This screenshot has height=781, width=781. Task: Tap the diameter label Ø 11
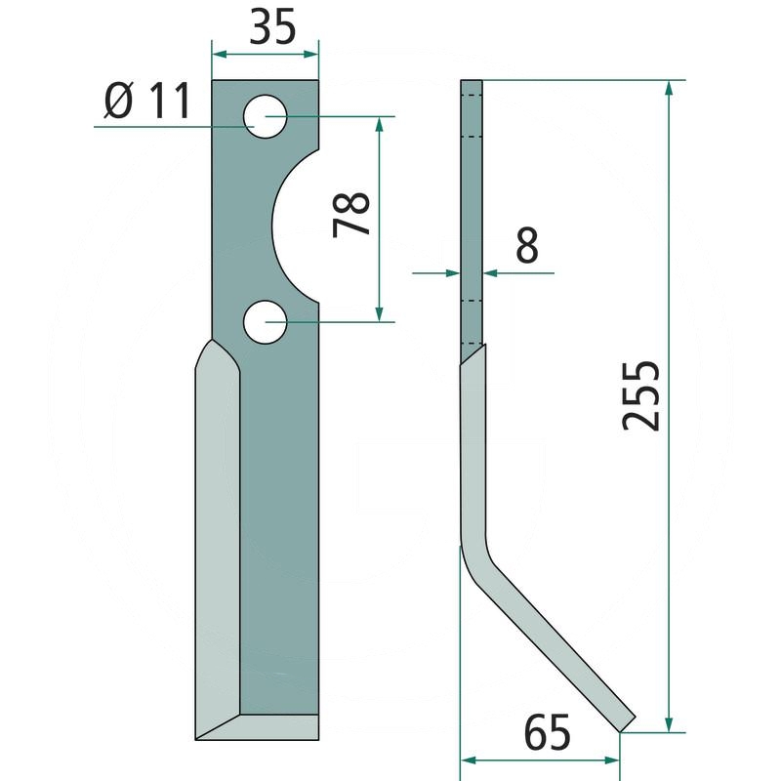pyautogui.click(x=146, y=103)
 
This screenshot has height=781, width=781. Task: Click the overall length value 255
pyautogui.click(x=641, y=395)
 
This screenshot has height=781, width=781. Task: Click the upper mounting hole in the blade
pyautogui.click(x=266, y=117)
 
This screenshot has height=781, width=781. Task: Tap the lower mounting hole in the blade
pyautogui.click(x=265, y=322)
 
